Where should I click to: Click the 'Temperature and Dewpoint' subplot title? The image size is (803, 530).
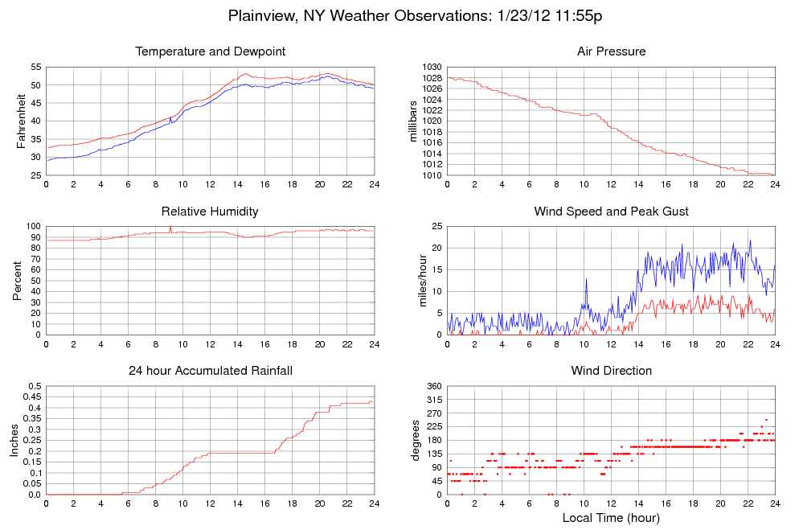tap(211, 51)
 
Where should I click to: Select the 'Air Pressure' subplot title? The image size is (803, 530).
tap(611, 51)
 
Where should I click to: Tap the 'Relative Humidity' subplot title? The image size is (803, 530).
tap(210, 212)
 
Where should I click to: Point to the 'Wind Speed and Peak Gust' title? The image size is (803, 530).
tap(611, 212)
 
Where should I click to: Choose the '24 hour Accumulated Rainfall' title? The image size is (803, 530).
tap(211, 371)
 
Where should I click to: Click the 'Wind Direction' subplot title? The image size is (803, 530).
tap(611, 371)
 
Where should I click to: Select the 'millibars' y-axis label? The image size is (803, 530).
tap(415, 121)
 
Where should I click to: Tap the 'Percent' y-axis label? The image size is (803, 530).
tap(18, 281)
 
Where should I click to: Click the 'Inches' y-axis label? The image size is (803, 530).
tap(14, 440)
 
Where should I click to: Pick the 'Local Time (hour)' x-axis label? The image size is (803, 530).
tap(611, 518)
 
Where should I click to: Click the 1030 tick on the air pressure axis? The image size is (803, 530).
tap(432, 67)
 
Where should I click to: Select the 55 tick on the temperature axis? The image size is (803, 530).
tap(36, 67)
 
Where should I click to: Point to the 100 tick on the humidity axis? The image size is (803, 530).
tap(33, 227)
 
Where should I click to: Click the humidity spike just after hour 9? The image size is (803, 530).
tap(170, 228)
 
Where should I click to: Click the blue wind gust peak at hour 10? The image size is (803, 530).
tap(586, 279)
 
